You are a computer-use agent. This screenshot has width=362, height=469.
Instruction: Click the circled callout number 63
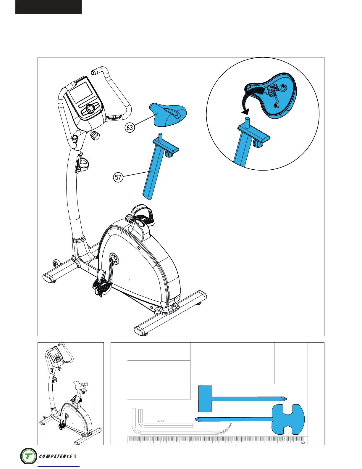coord(130,128)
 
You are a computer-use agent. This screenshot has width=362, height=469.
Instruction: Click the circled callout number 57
coord(118,177)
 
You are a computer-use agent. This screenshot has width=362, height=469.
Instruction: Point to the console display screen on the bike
coord(80,92)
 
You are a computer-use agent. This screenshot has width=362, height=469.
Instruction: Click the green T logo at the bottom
coord(29,456)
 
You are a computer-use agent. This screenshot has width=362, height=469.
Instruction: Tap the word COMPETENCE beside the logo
coord(56,456)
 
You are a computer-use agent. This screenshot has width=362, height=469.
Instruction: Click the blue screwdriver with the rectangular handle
coord(237,399)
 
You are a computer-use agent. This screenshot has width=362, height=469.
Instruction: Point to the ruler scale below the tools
coord(216,440)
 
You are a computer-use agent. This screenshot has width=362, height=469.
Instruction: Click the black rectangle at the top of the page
coord(49,7)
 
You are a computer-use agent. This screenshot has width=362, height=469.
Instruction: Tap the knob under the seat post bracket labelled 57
coord(169,154)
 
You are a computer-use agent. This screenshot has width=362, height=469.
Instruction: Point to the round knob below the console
coord(95,136)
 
